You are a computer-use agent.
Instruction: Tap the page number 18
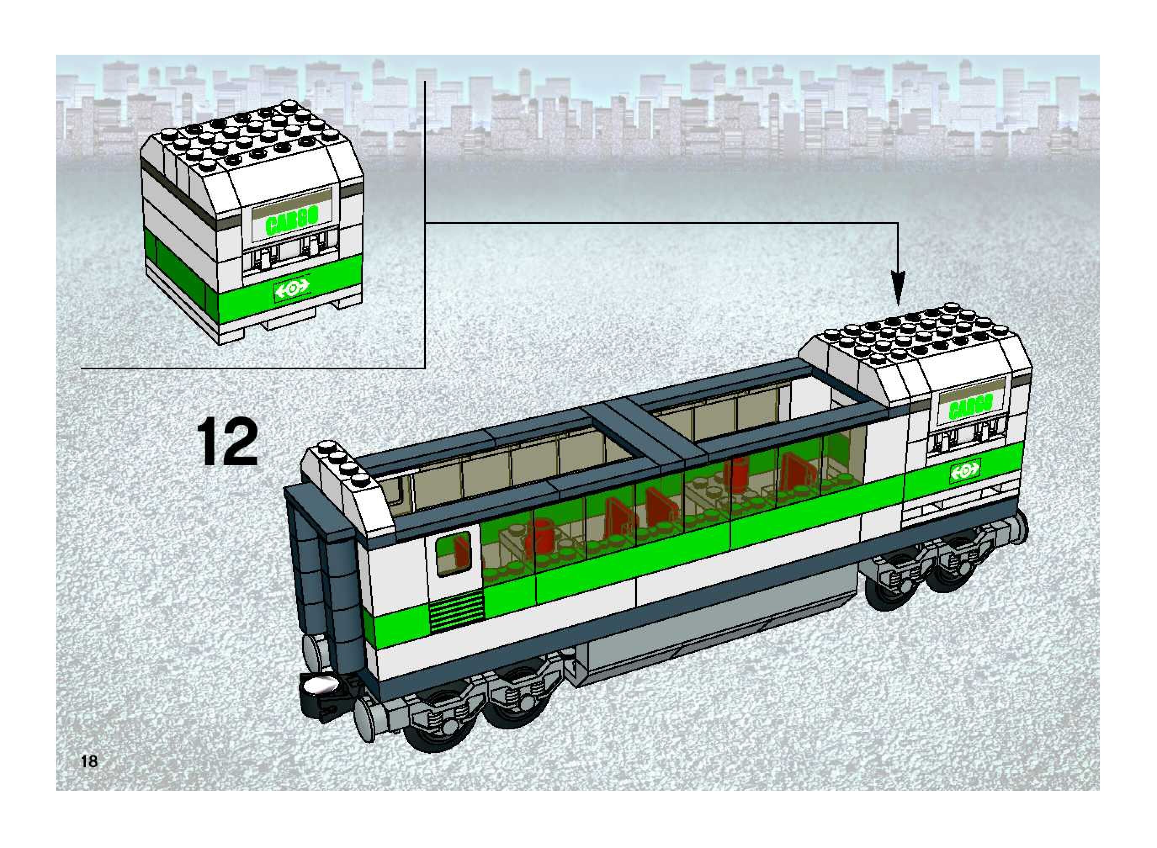pos(89,761)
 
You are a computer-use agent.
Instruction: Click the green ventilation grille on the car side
pos(456,610)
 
